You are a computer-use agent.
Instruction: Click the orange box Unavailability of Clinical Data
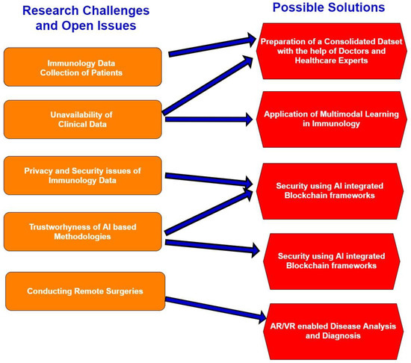83,120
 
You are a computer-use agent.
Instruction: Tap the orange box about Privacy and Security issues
83,176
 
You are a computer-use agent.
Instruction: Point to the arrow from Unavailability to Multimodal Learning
209,117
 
